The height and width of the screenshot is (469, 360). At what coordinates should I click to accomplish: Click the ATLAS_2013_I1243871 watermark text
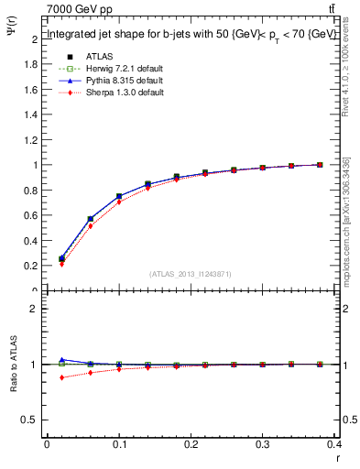pos(191,274)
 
